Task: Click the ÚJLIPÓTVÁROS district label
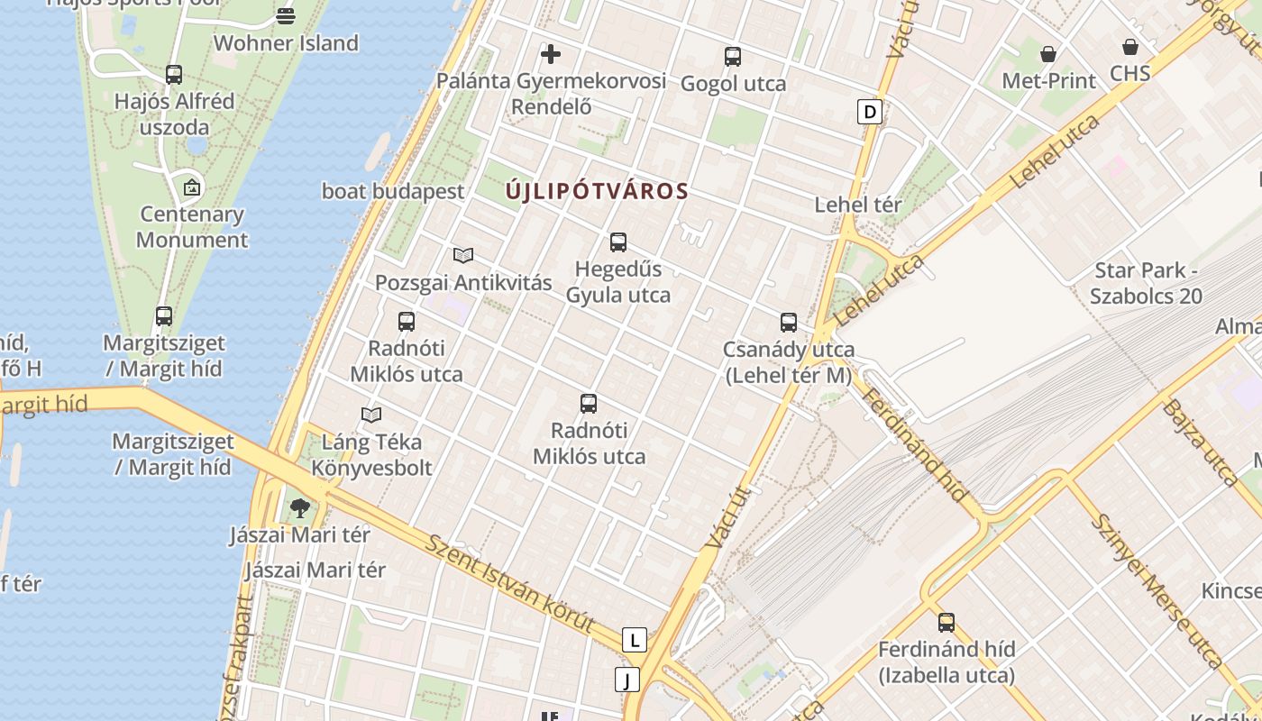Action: tap(597, 191)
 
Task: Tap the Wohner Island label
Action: tap(286, 43)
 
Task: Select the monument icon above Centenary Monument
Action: tap(191, 187)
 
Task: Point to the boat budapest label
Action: tap(393, 191)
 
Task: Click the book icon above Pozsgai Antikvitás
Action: tap(463, 255)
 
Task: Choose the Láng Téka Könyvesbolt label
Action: tap(371, 455)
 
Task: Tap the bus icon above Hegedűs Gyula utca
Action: tap(618, 242)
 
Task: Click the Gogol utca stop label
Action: tap(733, 84)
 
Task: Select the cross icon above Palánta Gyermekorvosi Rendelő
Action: tap(551, 54)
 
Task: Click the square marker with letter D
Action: tap(869, 112)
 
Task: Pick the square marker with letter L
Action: tap(635, 640)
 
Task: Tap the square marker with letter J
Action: tap(626, 679)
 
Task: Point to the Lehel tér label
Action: tap(857, 205)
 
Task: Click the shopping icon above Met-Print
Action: tap(1048, 55)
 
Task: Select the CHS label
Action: tap(1130, 73)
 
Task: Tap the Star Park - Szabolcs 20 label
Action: tap(1146, 283)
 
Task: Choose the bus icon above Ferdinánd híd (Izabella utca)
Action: tap(946, 622)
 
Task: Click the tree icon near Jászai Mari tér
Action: tap(300, 507)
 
